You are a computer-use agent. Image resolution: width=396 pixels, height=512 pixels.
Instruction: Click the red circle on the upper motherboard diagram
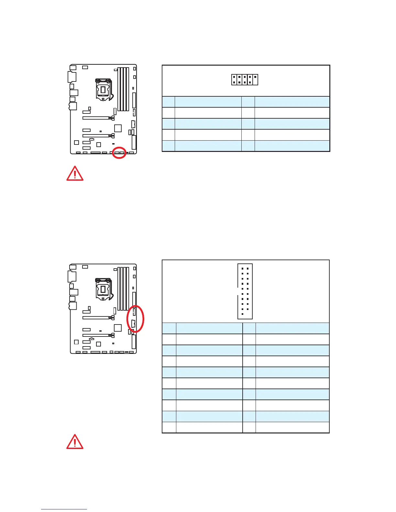(x=119, y=153)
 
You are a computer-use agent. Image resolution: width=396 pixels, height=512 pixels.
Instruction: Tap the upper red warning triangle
(x=75, y=174)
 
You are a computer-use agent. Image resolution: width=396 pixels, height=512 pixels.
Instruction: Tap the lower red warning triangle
(x=75, y=442)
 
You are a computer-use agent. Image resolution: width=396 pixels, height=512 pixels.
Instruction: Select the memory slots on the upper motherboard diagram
(x=123, y=89)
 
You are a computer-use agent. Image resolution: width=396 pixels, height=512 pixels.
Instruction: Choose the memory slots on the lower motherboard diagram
(x=123, y=288)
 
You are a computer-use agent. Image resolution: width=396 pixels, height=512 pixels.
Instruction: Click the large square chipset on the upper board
(x=118, y=128)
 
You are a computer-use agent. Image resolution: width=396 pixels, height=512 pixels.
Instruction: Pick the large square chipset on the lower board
(x=118, y=328)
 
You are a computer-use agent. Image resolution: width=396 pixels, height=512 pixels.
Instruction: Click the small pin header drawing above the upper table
(x=245, y=80)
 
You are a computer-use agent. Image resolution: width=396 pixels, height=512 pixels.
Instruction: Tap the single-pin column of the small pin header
(x=255, y=80)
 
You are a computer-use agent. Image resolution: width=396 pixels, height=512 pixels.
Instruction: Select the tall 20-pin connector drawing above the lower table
(x=245, y=291)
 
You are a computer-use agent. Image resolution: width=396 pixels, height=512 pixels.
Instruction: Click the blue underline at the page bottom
(x=64, y=509)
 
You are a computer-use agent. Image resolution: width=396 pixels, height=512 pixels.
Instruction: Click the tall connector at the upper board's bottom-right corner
(x=134, y=142)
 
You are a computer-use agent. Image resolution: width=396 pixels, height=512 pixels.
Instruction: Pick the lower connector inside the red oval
(x=133, y=323)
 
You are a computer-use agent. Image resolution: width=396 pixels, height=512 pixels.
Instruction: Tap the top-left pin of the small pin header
(x=234, y=77)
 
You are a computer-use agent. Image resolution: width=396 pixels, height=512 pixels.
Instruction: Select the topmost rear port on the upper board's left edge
(x=73, y=68)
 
